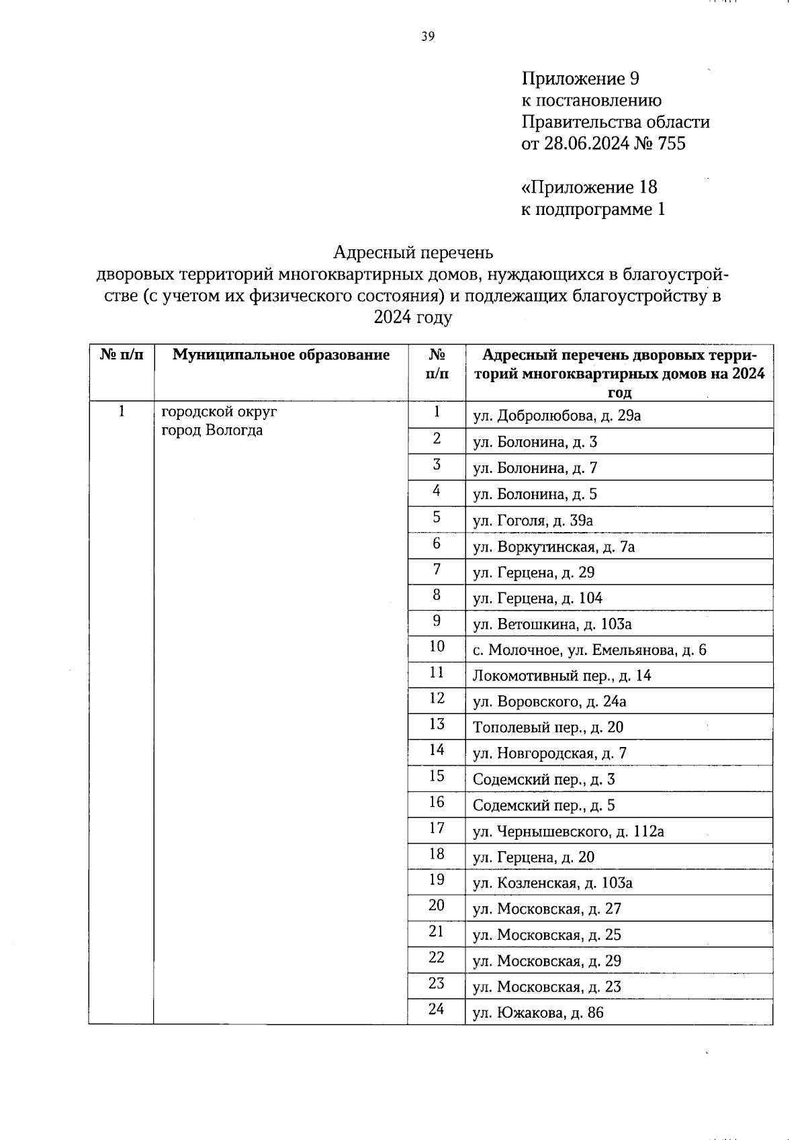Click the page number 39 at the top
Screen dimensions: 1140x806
click(428, 37)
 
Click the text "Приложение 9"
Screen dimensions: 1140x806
click(580, 79)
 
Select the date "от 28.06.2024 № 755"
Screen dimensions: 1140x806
click(603, 144)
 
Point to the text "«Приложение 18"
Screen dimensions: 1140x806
click(589, 187)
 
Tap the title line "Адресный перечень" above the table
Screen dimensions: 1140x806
click(413, 253)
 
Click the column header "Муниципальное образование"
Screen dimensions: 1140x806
click(281, 355)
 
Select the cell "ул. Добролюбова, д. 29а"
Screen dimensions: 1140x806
click(556, 416)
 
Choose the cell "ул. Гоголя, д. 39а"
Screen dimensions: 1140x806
click(533, 521)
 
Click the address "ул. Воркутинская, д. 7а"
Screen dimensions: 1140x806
click(553, 547)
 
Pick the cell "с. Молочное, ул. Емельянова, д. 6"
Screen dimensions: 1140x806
click(589, 650)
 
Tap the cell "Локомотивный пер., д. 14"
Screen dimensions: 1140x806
click(562, 676)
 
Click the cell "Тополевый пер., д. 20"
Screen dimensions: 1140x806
click(547, 728)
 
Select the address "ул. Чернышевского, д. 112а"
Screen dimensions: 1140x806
click(568, 832)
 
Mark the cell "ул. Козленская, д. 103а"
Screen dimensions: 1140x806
click(552, 883)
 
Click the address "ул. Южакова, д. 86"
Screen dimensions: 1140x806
click(538, 1013)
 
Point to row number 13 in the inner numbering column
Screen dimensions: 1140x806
click(437, 724)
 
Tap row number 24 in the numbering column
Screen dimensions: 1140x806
click(437, 1009)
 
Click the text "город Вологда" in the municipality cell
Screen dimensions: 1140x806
click(212, 431)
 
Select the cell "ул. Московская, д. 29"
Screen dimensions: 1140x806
click(547, 961)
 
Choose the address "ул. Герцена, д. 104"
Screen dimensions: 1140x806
click(537, 599)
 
